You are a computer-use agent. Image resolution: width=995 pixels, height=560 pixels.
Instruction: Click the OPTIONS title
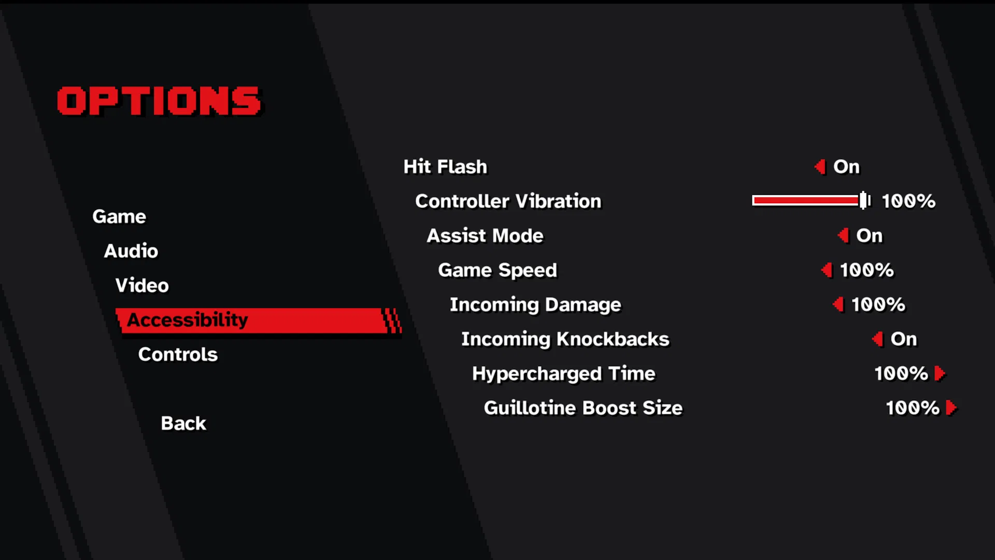point(159,101)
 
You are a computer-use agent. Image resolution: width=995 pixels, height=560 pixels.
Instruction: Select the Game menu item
point(119,216)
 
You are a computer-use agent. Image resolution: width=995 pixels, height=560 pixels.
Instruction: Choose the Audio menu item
point(131,251)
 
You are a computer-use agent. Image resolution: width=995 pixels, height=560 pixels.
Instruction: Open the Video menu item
point(142,285)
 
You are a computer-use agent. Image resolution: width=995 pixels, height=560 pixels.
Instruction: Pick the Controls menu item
point(178,355)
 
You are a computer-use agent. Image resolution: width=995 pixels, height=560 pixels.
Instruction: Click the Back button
point(183,424)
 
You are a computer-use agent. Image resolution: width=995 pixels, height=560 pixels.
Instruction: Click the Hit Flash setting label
point(445,167)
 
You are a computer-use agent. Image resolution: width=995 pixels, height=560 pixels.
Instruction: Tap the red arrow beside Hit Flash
point(820,167)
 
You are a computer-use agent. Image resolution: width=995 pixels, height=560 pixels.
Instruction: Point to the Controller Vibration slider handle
point(864,201)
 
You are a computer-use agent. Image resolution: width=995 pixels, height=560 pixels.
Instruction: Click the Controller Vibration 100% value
point(908,201)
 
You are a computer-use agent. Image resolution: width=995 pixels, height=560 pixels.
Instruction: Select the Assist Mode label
point(485,236)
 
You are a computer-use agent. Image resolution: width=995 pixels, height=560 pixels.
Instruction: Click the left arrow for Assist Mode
point(843,236)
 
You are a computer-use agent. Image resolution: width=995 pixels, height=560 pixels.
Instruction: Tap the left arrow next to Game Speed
point(827,270)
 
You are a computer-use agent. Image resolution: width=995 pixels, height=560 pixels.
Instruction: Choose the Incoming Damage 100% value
point(878,305)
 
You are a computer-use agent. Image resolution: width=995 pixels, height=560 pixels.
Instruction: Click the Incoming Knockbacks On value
point(904,339)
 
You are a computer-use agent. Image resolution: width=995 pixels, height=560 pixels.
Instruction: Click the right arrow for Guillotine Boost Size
point(951,408)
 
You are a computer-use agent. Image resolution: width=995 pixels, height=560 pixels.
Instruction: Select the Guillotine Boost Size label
point(583,408)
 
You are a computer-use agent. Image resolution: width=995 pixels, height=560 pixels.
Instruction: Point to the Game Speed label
point(497,270)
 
